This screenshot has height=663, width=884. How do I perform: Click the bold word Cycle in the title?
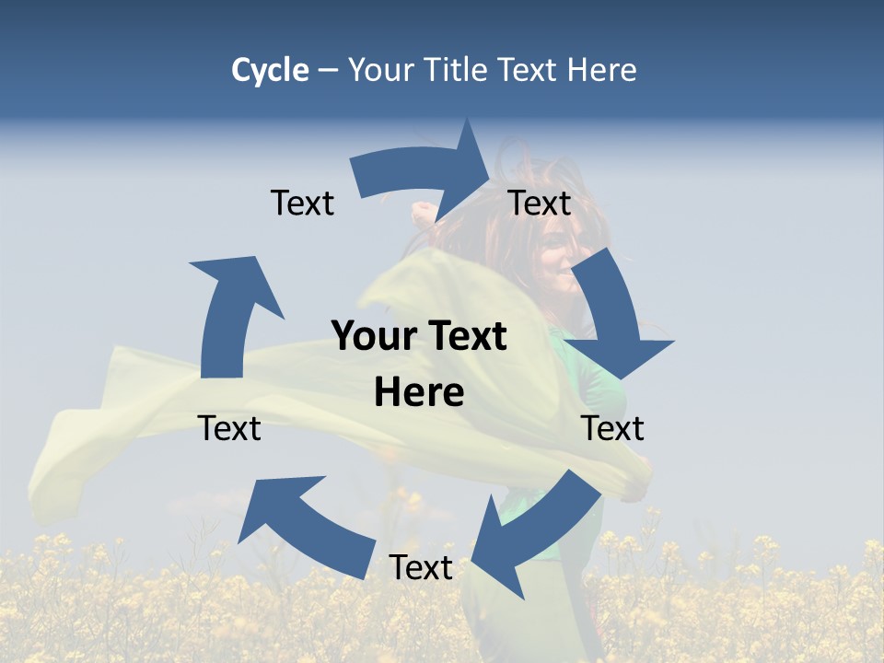pyautogui.click(x=270, y=70)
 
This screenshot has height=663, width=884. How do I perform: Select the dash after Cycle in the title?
pyautogui.click(x=328, y=71)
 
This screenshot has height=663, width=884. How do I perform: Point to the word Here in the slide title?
pyautogui.click(x=602, y=70)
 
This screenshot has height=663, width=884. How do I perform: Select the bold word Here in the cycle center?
pyautogui.click(x=419, y=393)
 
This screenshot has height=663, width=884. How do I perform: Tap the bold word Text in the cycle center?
pyautogui.click(x=465, y=337)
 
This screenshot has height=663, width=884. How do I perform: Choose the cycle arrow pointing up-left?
pyautogui.click(x=304, y=525)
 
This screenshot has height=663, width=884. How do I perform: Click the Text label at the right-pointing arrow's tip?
pyautogui.click(x=540, y=203)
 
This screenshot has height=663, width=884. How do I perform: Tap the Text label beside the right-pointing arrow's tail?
pyautogui.click(x=302, y=203)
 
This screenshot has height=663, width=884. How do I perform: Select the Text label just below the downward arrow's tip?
pyautogui.click(x=612, y=428)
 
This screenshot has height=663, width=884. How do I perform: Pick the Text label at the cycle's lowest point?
pyautogui.click(x=421, y=568)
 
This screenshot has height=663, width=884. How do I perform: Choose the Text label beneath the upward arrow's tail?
pyautogui.click(x=229, y=428)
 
